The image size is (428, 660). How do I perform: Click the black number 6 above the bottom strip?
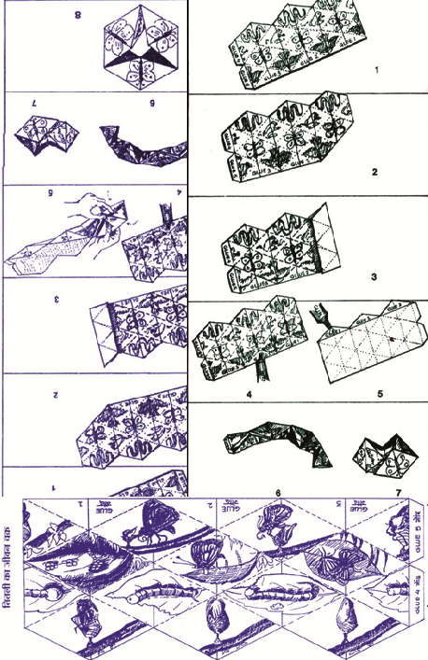[278, 492]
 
